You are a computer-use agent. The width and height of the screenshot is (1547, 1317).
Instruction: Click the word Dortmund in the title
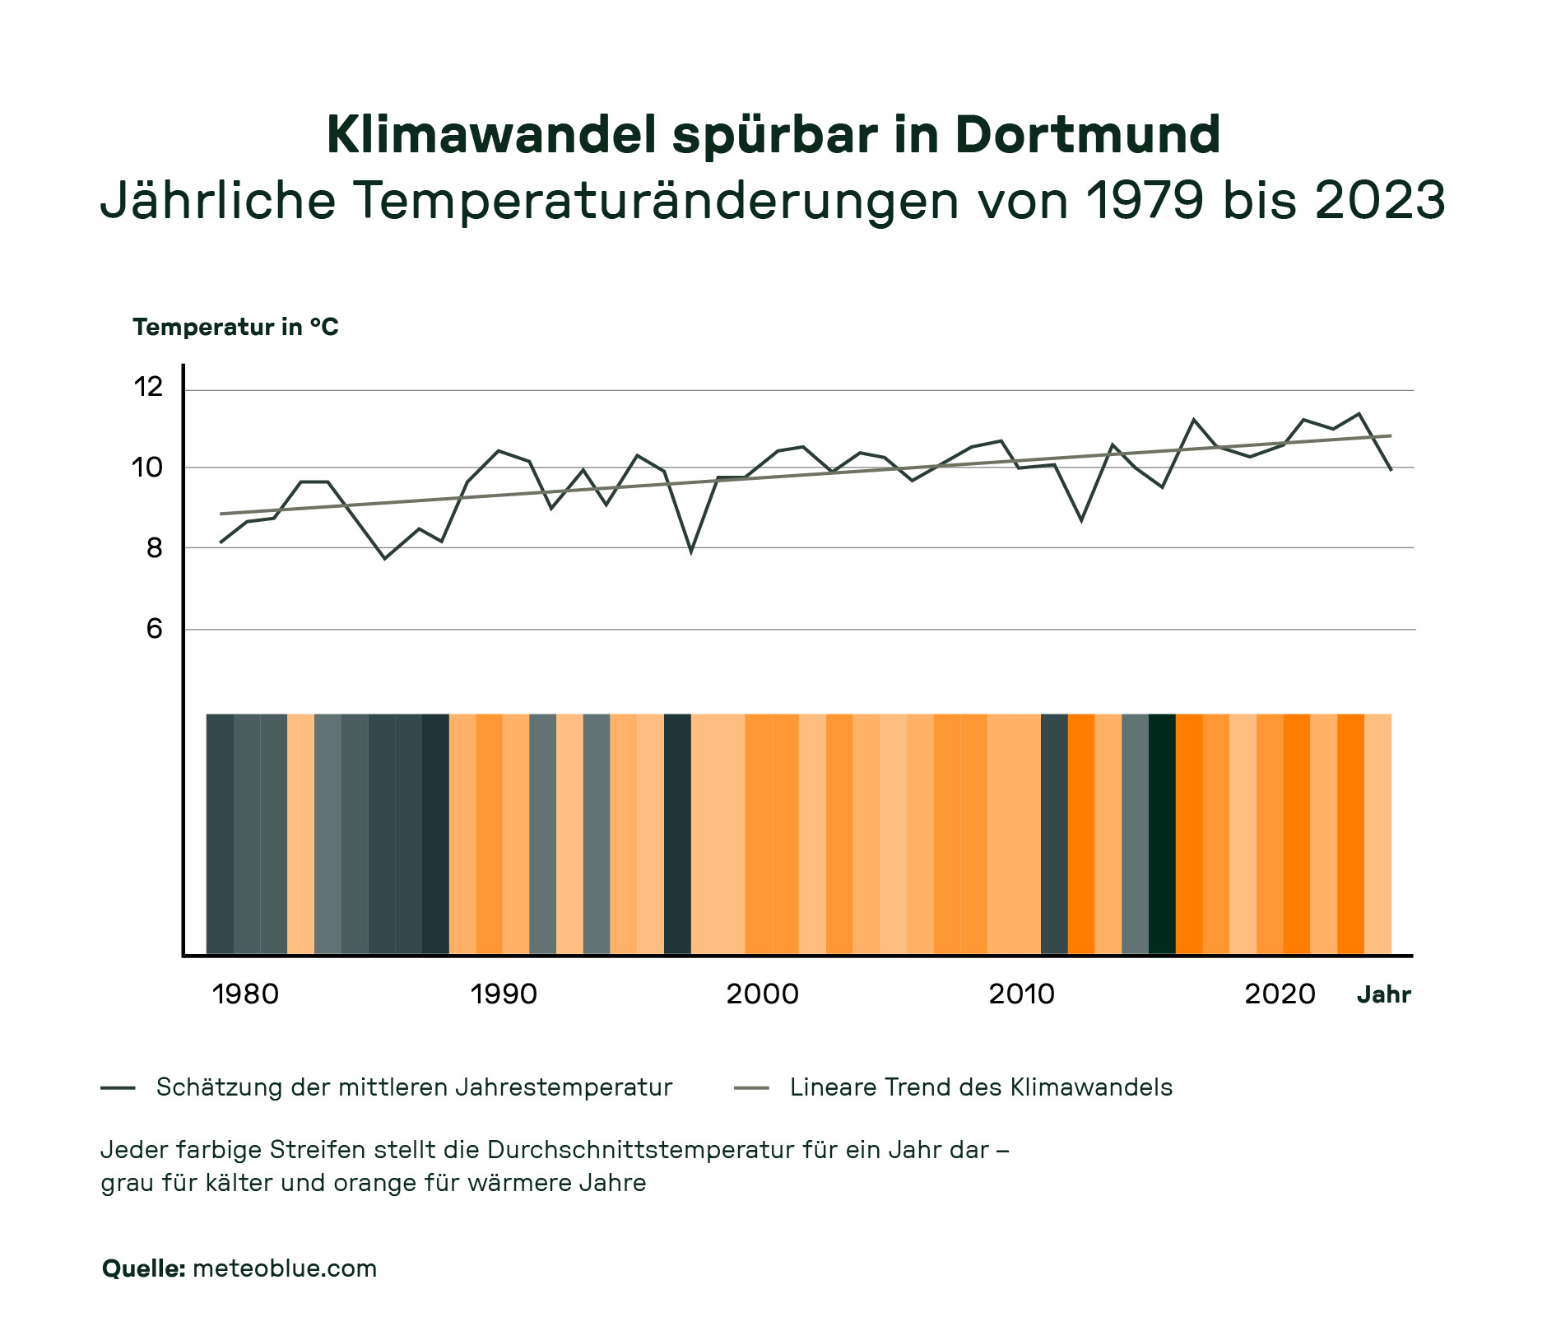(x=1087, y=135)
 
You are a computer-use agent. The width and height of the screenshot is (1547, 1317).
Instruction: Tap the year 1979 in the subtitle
(x=1146, y=200)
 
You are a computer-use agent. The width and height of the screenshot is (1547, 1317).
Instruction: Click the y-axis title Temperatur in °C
(x=235, y=328)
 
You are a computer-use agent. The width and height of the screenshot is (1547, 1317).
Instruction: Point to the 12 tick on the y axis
(x=149, y=386)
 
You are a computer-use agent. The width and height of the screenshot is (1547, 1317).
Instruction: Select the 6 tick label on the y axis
(x=155, y=630)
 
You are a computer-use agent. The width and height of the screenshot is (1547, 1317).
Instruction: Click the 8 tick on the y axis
(x=155, y=548)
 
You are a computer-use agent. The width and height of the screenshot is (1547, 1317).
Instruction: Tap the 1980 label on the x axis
(x=245, y=994)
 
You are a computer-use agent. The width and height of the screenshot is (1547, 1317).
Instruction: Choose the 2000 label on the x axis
(x=762, y=994)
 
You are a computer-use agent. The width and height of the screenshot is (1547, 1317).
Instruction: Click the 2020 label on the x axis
(x=1280, y=994)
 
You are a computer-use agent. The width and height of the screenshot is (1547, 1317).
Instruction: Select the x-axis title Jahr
(x=1383, y=995)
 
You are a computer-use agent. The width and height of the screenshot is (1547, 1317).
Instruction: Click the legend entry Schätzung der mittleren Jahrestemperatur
(x=414, y=1087)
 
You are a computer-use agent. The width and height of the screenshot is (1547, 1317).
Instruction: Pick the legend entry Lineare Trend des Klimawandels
(x=980, y=1087)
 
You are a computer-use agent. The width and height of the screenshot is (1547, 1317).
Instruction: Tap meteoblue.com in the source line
(x=285, y=1268)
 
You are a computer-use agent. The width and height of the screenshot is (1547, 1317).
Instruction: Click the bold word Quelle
(x=144, y=1268)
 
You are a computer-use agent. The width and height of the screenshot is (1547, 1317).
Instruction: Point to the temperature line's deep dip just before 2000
(x=691, y=550)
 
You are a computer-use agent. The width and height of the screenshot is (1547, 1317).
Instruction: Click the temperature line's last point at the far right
(x=1391, y=469)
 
